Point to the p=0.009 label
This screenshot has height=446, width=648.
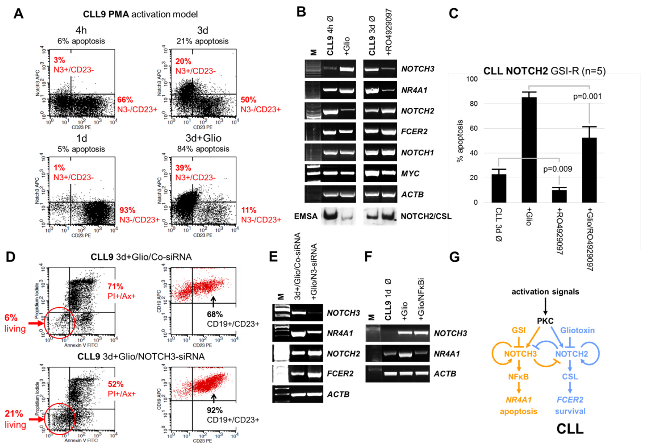point(557,169)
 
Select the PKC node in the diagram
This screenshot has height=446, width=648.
point(545,321)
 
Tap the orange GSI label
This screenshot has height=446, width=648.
point(519,330)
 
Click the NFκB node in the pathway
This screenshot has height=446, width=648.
point(518,377)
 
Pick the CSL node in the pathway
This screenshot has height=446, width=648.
point(570,377)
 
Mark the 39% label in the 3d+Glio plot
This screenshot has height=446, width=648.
point(183,168)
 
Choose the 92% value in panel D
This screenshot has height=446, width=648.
point(215,410)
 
